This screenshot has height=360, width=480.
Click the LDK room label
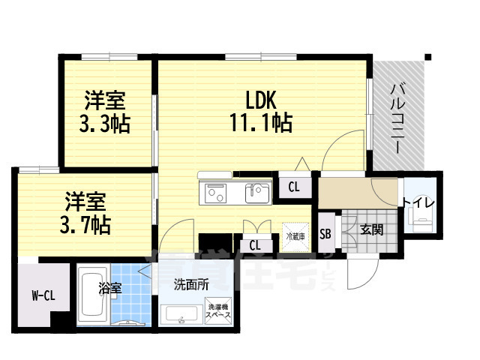[259, 99]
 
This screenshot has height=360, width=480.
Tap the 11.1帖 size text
[260, 121]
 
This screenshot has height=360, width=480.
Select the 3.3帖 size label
[105, 123]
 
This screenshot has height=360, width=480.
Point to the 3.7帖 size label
[85, 223]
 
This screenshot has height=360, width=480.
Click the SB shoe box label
[325, 232]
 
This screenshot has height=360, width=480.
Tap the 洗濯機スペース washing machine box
[219, 311]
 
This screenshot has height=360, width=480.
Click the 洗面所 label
[190, 285]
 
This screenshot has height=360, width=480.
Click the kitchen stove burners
[216, 192]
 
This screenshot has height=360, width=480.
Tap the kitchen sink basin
[256, 192]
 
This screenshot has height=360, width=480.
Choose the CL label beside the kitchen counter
[295, 188]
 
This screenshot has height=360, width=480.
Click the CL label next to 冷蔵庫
[254, 244]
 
